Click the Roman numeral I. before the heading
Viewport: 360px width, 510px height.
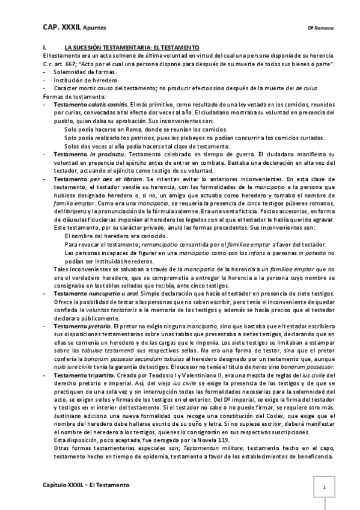44,47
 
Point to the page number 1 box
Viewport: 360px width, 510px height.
324,488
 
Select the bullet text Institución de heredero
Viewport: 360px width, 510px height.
86,79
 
